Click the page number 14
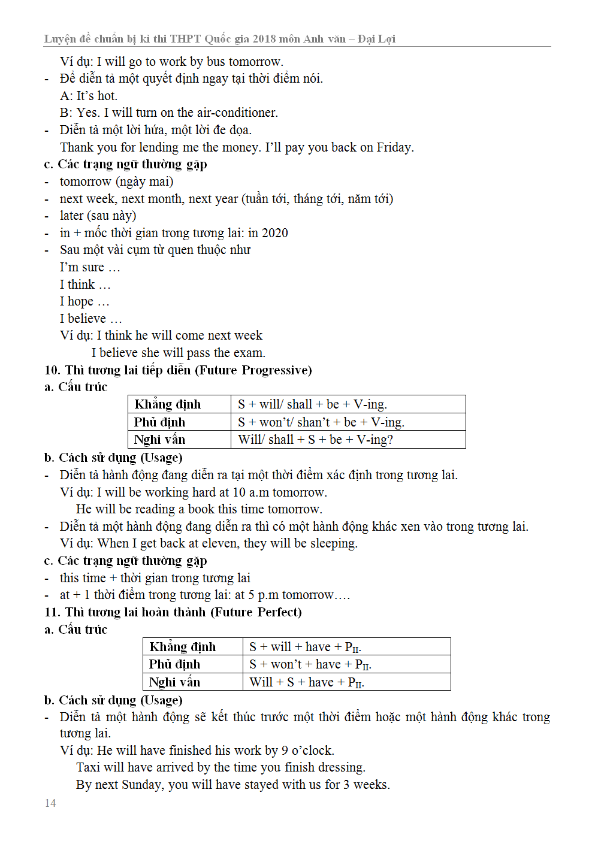click(x=50, y=803)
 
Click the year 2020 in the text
click(x=275, y=233)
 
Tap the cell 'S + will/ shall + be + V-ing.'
click(x=312, y=404)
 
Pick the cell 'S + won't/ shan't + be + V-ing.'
click(x=321, y=422)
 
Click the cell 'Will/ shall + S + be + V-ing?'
click(x=315, y=440)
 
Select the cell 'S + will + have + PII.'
click(x=305, y=647)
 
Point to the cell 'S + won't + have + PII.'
click(x=310, y=664)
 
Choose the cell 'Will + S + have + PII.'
click(x=307, y=682)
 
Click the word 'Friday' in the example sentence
click(x=394, y=147)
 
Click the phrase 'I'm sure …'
click(x=90, y=267)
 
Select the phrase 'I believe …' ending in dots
click(x=90, y=319)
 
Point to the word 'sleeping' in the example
click(x=333, y=543)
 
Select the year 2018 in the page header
click(x=264, y=39)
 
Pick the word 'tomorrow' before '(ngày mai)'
click(x=85, y=181)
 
